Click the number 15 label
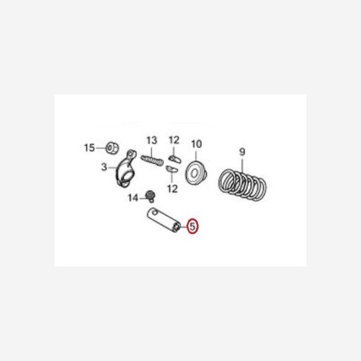click(89, 148)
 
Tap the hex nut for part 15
click(113, 148)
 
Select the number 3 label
click(104, 167)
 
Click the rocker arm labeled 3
click(126, 168)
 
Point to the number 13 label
click(152, 140)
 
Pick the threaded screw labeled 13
click(152, 160)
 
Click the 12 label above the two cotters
click(174, 140)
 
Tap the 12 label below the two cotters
click(173, 189)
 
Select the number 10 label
click(197, 144)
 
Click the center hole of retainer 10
click(194, 173)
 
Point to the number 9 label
click(242, 152)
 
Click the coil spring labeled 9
click(242, 185)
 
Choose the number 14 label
click(133, 198)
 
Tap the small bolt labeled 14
click(150, 196)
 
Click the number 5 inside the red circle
click(193, 226)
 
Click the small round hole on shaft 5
click(154, 211)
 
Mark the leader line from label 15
click(101, 148)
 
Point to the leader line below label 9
click(242, 164)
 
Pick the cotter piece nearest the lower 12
click(171, 169)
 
